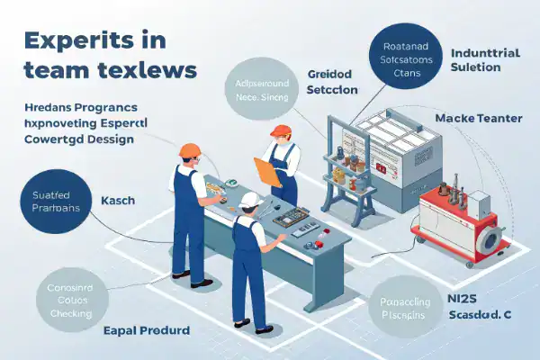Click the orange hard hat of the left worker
tap(189, 150)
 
